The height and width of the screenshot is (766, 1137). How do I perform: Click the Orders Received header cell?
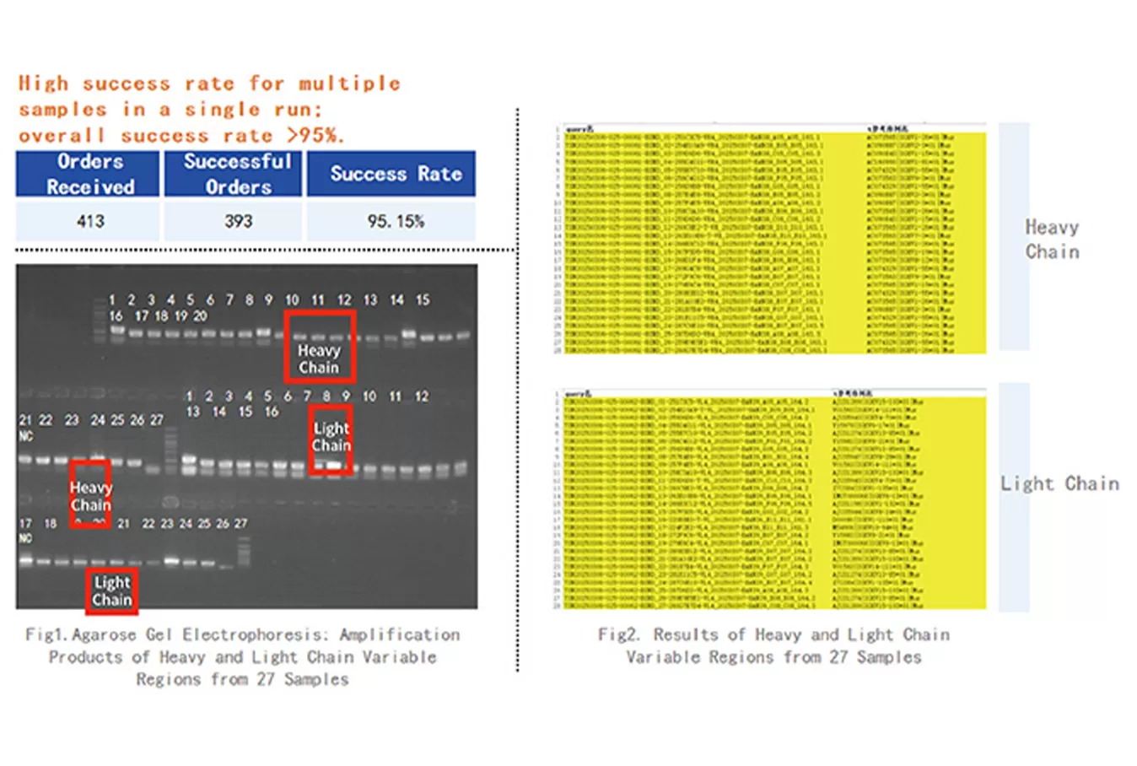tap(89, 174)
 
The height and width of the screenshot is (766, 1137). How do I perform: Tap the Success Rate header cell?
tap(395, 174)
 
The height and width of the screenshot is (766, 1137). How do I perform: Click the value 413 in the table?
tap(90, 221)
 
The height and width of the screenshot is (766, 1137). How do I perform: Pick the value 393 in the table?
tap(238, 221)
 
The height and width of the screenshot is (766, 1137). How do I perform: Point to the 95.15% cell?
tap(395, 221)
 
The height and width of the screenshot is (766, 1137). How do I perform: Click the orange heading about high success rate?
tap(209, 109)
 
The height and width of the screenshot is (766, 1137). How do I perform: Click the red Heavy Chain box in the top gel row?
tap(319, 346)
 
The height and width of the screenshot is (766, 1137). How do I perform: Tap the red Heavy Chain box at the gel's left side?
tap(89, 494)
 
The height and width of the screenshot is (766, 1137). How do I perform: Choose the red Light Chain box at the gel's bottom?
tap(111, 591)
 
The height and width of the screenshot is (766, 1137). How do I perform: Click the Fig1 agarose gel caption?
tap(242, 656)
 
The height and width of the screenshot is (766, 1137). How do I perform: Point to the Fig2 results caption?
tap(773, 645)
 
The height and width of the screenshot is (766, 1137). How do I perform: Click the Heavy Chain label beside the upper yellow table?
tap(1052, 239)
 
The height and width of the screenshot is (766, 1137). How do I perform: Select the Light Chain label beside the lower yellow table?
tap(1059, 483)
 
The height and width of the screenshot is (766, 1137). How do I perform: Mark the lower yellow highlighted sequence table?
tap(769, 499)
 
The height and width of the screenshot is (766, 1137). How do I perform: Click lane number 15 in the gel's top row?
tap(423, 299)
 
